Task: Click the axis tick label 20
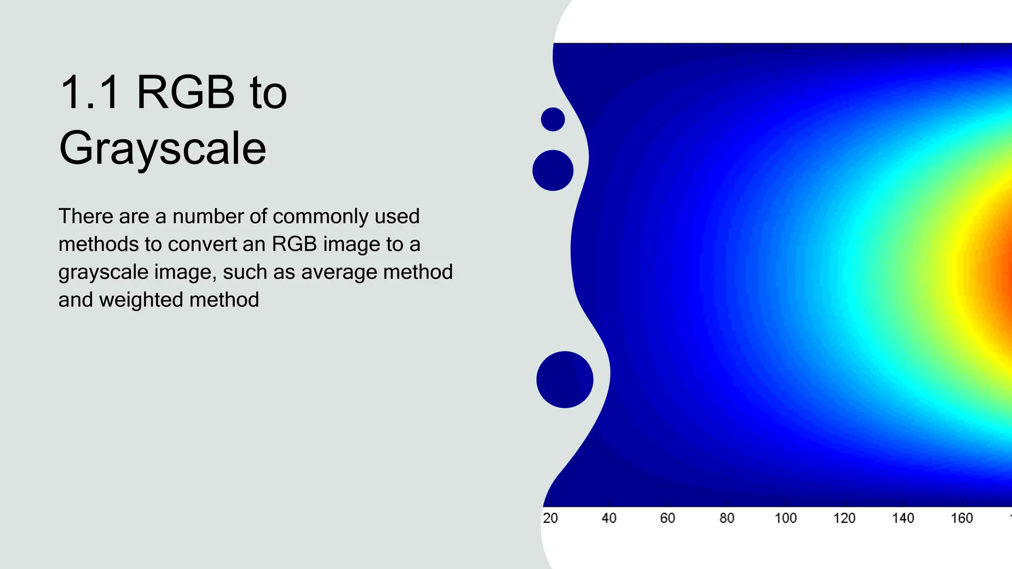pos(550,518)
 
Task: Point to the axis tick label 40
pos(609,518)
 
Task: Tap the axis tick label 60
pos(668,518)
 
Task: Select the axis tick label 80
pos(726,518)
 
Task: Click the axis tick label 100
pos(785,518)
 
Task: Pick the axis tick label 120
pos(844,518)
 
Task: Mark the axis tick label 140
pos(903,518)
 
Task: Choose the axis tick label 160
pos(962,518)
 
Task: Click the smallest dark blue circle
pos(552,120)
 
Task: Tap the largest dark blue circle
pos(564,379)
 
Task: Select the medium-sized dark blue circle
pos(552,170)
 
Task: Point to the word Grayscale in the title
pos(163,148)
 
